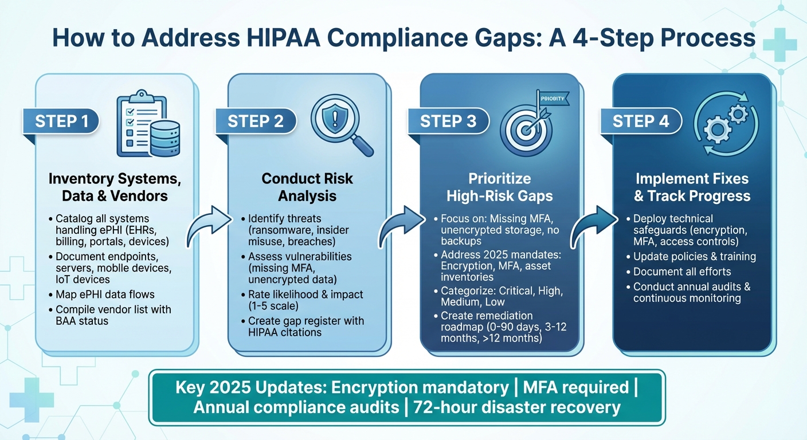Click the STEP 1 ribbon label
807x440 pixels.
[x=62, y=121]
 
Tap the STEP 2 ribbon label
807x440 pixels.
[x=255, y=121]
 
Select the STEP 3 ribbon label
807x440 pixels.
[x=448, y=121]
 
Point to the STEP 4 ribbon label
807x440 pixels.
[x=640, y=121]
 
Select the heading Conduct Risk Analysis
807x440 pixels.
[x=307, y=187]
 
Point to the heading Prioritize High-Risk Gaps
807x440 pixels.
[x=499, y=187]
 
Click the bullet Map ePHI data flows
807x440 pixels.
[x=105, y=294]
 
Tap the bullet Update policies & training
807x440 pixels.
[x=694, y=257]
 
